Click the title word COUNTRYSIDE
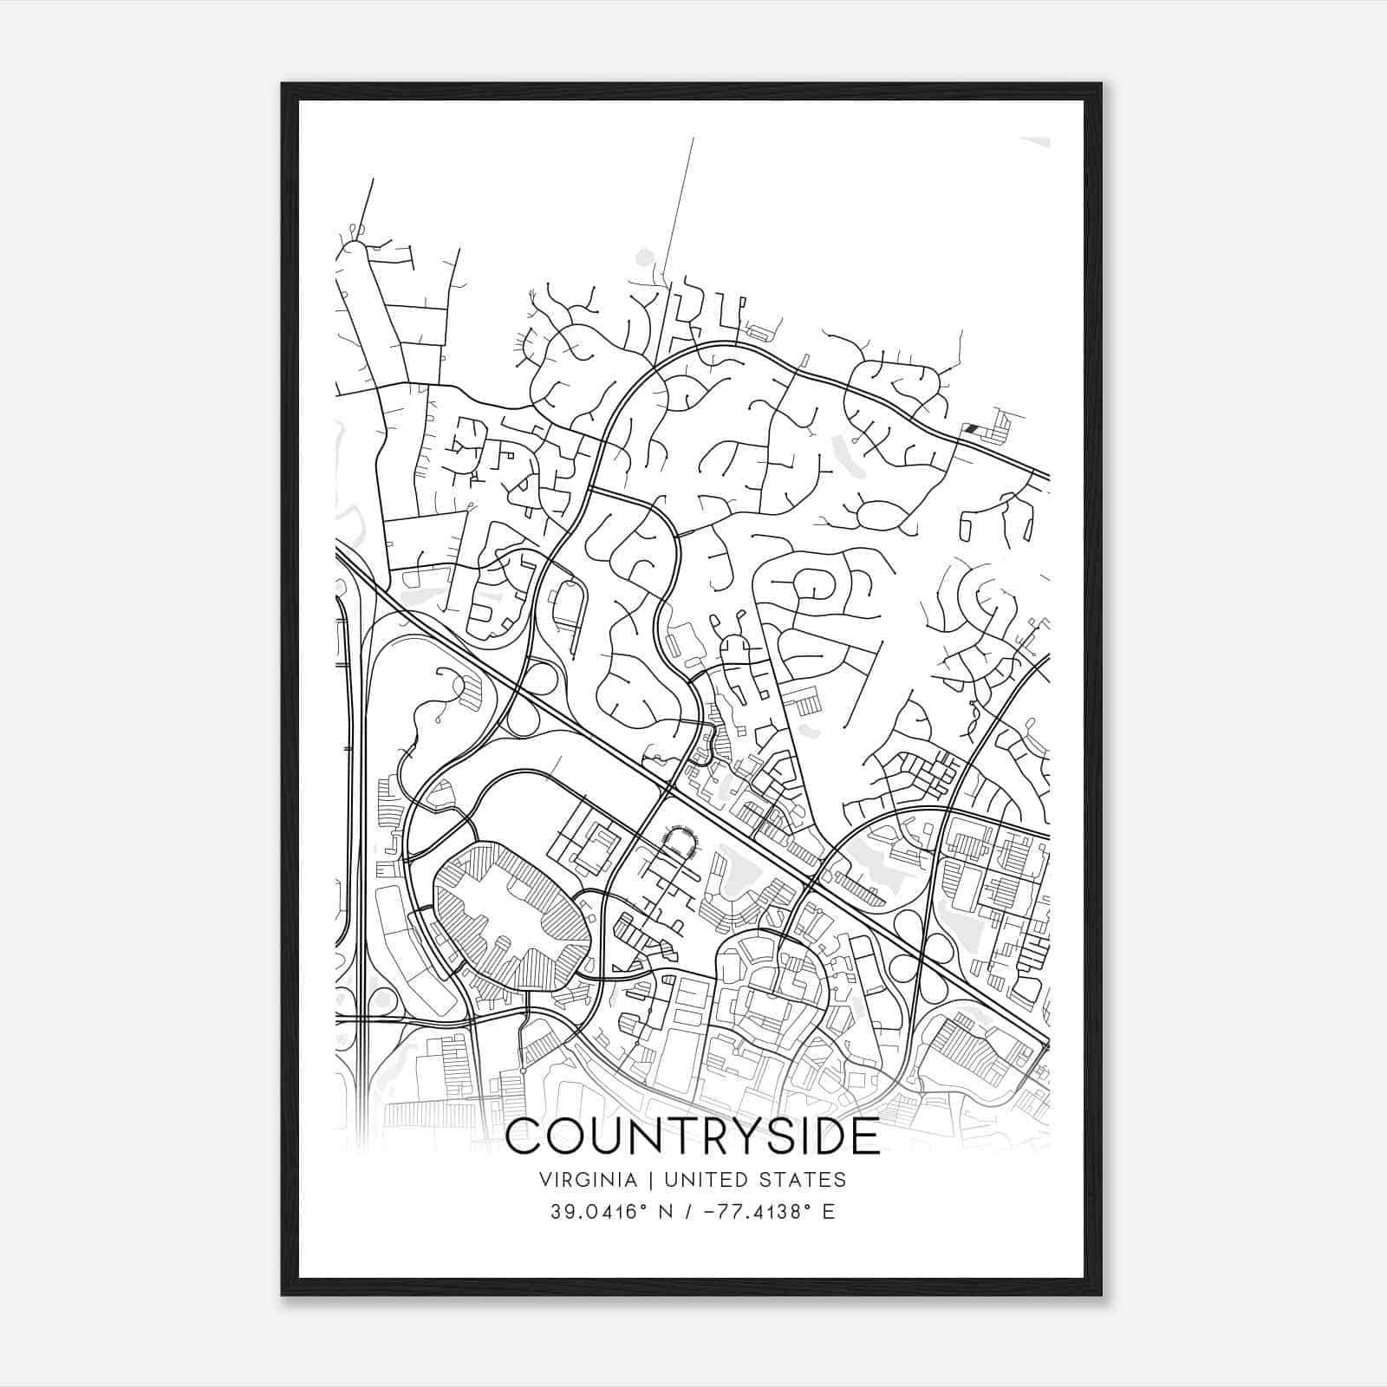tap(692, 1136)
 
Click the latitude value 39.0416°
tap(598, 1211)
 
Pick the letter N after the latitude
tap(666, 1211)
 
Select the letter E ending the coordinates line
tap(829, 1211)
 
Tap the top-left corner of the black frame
tap(283, 85)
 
